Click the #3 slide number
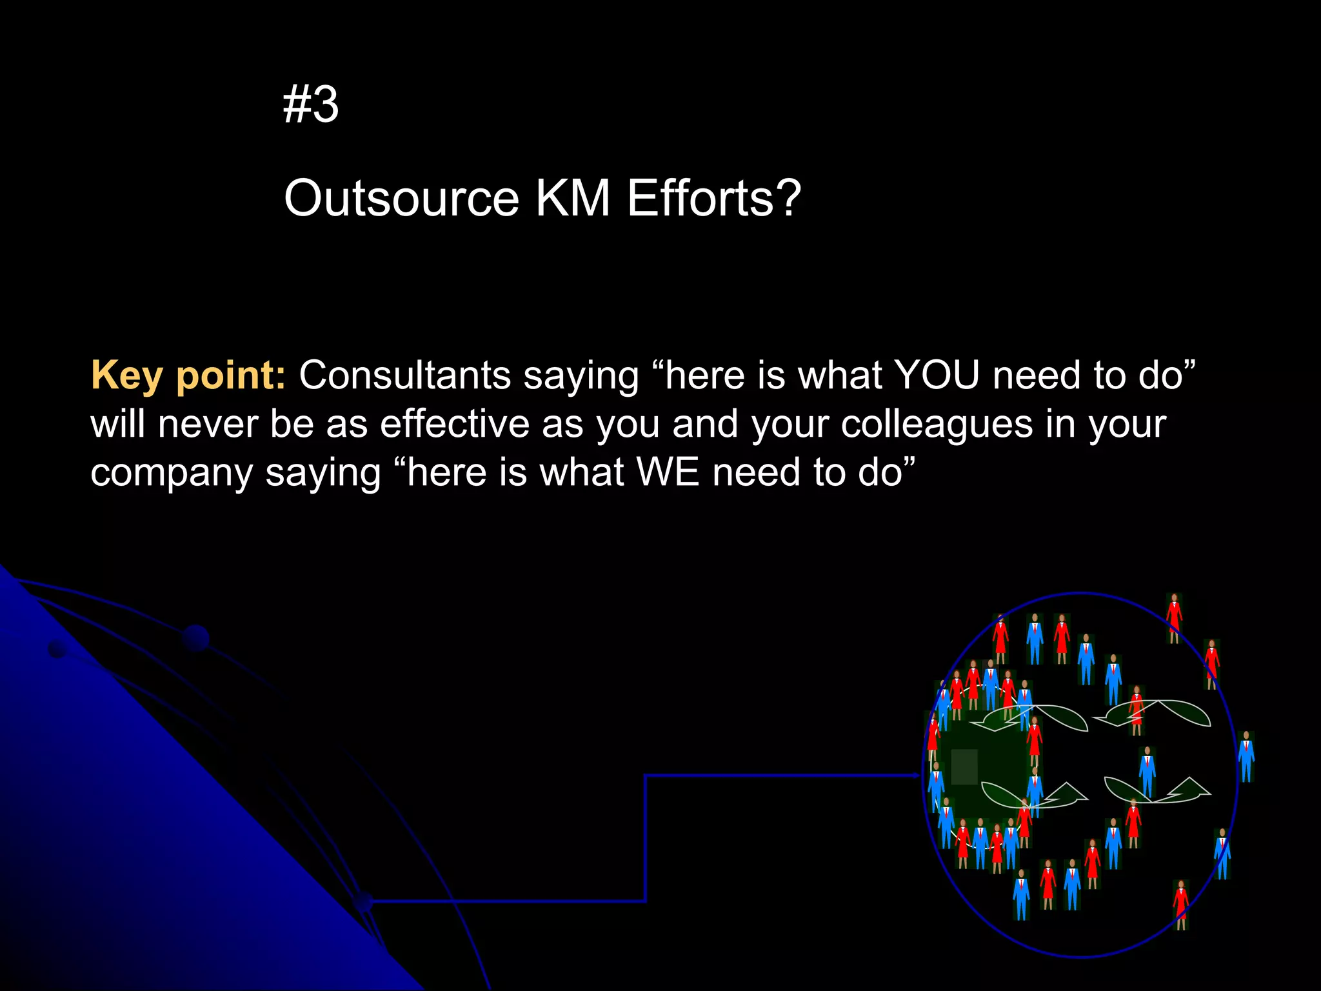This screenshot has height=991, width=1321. click(x=311, y=105)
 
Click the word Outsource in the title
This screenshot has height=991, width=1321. click(x=401, y=198)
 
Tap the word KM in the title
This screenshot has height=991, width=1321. click(x=573, y=198)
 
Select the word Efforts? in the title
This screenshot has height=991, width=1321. click(x=714, y=198)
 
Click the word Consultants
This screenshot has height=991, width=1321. click(x=405, y=375)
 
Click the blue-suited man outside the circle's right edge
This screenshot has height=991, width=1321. click(x=1246, y=756)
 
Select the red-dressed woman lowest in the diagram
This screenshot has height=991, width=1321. click(x=1180, y=903)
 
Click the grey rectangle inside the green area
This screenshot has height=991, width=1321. click(x=964, y=766)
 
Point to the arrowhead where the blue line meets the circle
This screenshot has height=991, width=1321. click(x=917, y=776)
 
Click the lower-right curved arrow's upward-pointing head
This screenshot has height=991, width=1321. click(x=1195, y=786)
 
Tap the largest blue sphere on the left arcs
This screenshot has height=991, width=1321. click(x=195, y=638)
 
